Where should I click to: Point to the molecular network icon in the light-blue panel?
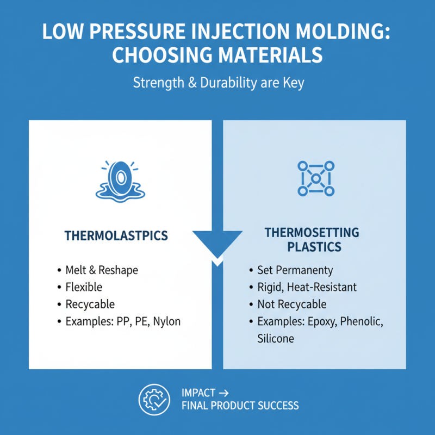pyautogui.click(x=315, y=178)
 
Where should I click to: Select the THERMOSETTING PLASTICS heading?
pyautogui.click(x=312, y=240)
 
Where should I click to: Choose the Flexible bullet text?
pyautogui.click(x=84, y=287)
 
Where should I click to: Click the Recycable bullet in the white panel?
pyautogui.click(x=90, y=304)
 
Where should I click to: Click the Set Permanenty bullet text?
pyautogui.click(x=295, y=270)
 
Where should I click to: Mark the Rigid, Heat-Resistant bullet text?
pyautogui.click(x=307, y=287)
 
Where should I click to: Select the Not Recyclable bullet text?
pyautogui.click(x=291, y=304)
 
